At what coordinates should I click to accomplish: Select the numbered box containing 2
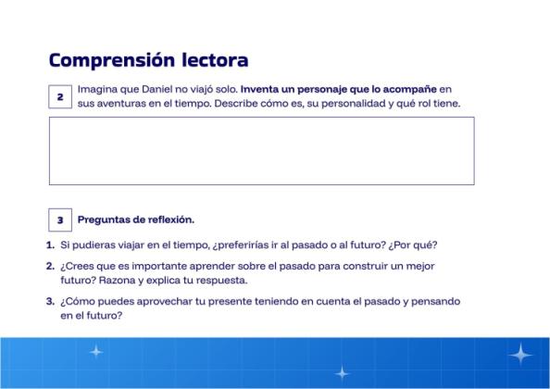pos(59,97)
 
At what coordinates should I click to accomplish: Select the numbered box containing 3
pos(59,220)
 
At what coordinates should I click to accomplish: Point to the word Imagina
pos(98,90)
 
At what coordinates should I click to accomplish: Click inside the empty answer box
pos(261,150)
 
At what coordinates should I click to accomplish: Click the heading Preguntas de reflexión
pos(135,220)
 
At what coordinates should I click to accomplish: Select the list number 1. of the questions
pos(50,245)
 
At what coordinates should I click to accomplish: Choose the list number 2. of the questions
pos(50,266)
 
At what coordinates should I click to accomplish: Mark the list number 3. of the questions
pos(50,301)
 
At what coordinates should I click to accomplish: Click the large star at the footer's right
pos(521,354)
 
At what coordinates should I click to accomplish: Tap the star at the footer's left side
pos(95,352)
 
